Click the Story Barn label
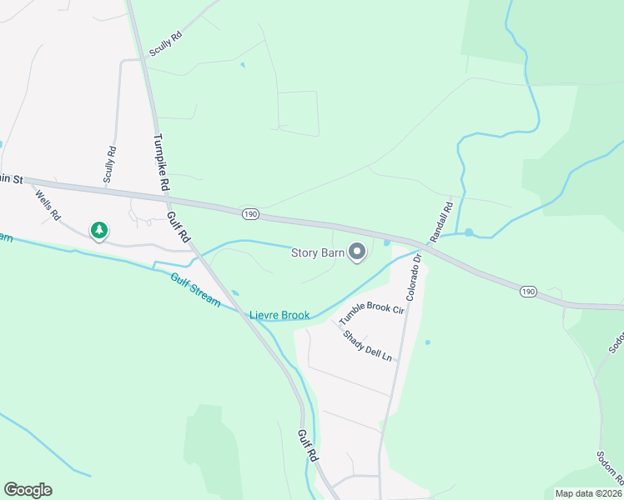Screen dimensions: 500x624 (x=317, y=252)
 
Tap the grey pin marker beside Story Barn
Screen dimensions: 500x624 (x=358, y=252)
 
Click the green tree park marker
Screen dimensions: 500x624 (x=99, y=230)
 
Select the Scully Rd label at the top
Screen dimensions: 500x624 (x=165, y=44)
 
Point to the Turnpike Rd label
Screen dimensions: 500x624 (x=162, y=162)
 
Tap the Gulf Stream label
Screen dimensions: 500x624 (x=195, y=290)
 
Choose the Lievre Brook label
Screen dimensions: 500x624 (x=280, y=315)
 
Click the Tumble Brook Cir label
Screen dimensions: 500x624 (x=371, y=315)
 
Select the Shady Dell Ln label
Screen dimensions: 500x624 (x=367, y=343)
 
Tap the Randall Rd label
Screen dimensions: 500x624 (x=441, y=221)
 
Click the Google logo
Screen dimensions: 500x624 (x=28, y=490)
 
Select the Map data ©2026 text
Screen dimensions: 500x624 (x=587, y=493)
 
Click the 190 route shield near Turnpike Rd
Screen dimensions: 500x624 (x=250, y=214)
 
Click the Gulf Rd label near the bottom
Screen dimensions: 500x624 (x=306, y=446)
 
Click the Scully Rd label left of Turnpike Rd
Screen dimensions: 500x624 (x=109, y=164)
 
